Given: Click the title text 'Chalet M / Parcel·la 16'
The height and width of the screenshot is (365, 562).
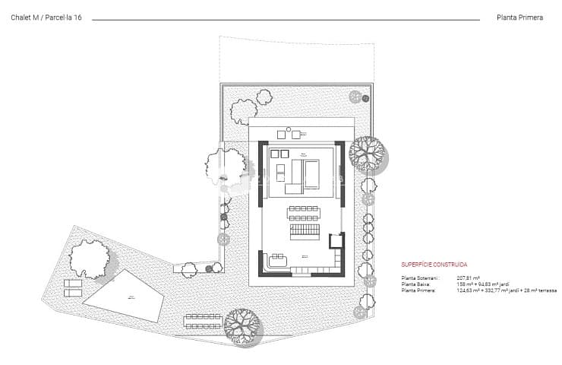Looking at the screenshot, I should click(46, 17).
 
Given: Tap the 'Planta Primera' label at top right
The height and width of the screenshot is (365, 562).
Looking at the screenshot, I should click(520, 17).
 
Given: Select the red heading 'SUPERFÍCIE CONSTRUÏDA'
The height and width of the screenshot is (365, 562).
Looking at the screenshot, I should click(434, 265).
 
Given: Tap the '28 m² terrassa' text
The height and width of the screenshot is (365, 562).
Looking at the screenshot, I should click(541, 290).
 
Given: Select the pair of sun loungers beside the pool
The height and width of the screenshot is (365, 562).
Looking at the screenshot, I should click(74, 287).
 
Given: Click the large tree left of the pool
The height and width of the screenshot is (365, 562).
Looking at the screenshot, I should click(90, 258).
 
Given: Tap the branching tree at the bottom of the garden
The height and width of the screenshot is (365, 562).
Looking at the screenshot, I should click(243, 325).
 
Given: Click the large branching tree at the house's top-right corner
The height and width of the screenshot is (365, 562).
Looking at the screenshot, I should click(368, 154).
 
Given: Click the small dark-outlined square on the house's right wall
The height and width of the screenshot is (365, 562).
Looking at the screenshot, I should click(335, 241).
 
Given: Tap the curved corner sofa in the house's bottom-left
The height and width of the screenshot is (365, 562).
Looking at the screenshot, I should click(276, 262).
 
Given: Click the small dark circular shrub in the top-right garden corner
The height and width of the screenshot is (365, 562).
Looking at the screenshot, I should click(355, 97).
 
